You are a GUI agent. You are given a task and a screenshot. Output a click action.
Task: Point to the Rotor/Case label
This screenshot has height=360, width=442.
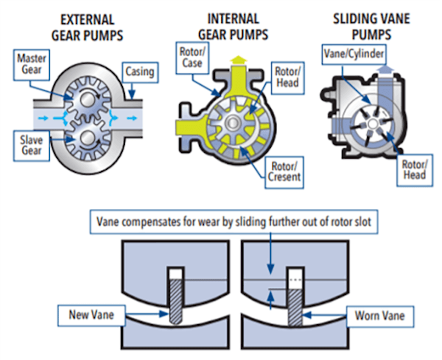pyautogui.click(x=192, y=58)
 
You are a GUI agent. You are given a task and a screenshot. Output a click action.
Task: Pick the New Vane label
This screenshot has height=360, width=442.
pyautogui.click(x=91, y=315)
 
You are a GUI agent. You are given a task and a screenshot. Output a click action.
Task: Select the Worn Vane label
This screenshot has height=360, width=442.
pyautogui.click(x=379, y=315)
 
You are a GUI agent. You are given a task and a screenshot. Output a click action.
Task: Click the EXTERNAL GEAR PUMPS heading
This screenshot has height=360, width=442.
pyautogui.click(x=87, y=28)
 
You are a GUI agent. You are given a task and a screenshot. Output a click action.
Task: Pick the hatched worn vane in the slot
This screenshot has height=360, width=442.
pyautogui.click(x=295, y=307)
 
